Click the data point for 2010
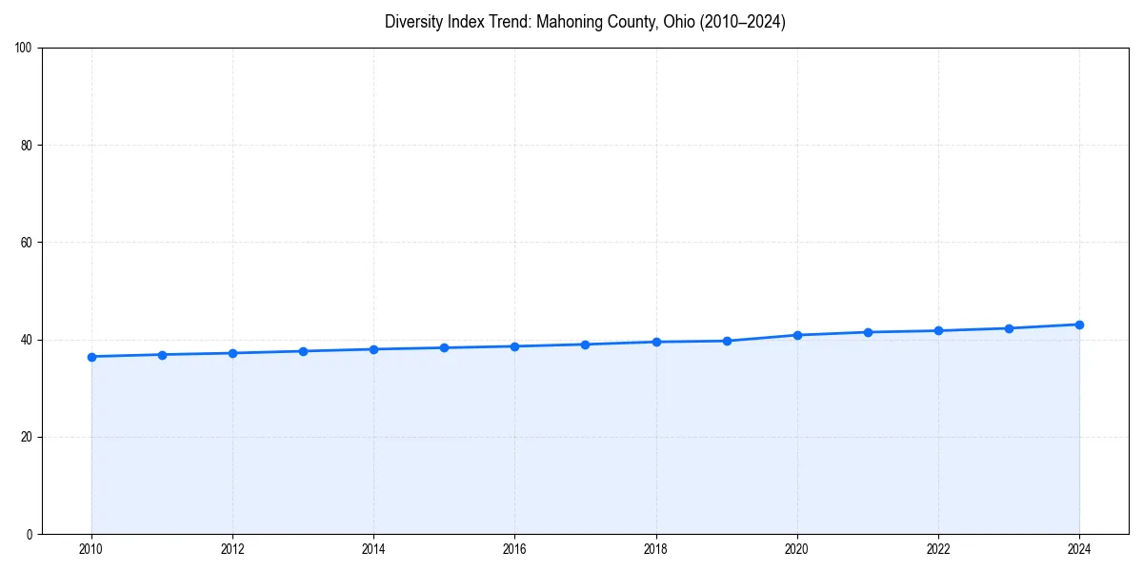(91, 357)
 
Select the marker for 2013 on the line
(303, 351)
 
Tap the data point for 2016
(514, 346)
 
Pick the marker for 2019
(727, 341)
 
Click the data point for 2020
(797, 335)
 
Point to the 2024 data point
(1079, 325)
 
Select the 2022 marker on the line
(938, 330)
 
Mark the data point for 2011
(162, 355)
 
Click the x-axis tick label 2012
(232, 548)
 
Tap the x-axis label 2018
(655, 548)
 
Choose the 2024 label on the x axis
(1079, 548)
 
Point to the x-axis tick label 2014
(373, 548)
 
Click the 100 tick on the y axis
(24, 49)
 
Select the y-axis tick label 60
(27, 243)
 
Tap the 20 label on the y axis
(27, 437)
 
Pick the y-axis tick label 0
(30, 534)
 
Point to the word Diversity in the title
(415, 22)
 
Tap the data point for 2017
(585, 345)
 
